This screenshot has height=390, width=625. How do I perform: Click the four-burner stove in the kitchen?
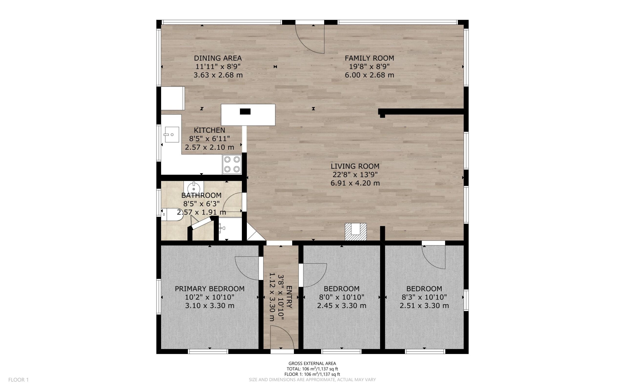[232, 165]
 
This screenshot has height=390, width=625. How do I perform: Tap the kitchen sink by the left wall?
[171, 134]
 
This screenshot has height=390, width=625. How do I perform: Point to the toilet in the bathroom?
[172, 214]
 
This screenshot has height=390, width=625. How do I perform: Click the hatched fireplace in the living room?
[356, 232]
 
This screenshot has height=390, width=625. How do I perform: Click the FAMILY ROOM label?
[369, 58]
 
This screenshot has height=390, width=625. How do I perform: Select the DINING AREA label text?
[218, 58]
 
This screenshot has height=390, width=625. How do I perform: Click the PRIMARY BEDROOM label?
[210, 289]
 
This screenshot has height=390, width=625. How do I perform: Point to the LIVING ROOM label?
[355, 166]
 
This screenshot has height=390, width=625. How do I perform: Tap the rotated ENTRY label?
[289, 297]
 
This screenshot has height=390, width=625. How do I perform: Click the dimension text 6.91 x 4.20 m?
[355, 183]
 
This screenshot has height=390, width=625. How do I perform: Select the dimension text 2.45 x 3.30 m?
[342, 306]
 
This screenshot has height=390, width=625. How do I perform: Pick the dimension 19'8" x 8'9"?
[369, 67]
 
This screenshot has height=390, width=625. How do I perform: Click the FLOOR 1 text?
[18, 380]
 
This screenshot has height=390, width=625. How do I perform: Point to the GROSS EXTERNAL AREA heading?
[312, 364]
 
